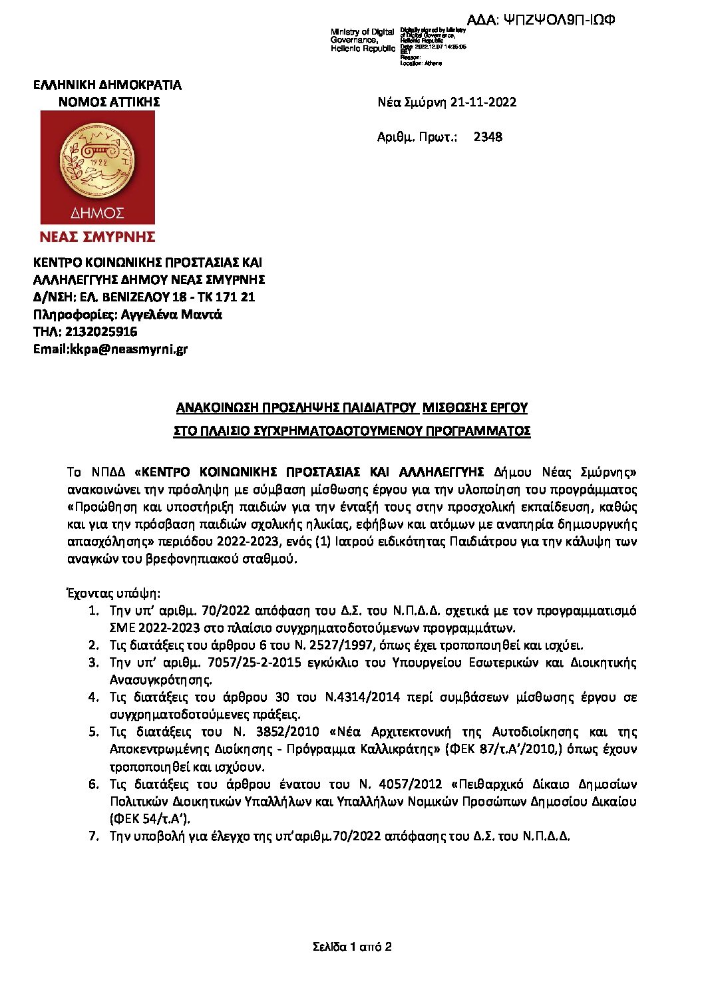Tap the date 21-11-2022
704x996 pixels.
tap(483, 102)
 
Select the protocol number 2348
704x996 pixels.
tap(488, 137)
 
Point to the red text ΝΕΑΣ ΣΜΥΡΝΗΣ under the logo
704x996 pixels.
tap(98, 237)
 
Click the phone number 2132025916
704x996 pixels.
tap(100, 331)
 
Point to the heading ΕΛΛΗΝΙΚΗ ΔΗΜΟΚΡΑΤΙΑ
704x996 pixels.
tap(108, 84)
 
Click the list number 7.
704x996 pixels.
tap(94, 836)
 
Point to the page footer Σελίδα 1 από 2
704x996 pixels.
tap(351, 946)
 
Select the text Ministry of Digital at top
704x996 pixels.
tap(363, 32)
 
